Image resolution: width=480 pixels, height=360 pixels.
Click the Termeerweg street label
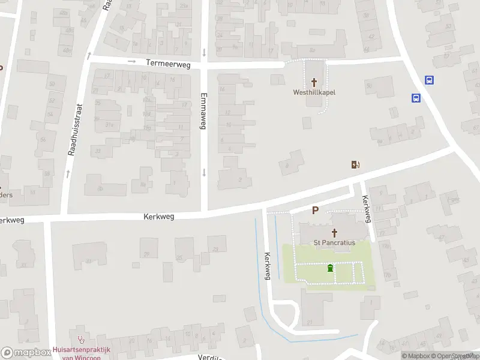(168, 63)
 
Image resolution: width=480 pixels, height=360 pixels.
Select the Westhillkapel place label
(314, 92)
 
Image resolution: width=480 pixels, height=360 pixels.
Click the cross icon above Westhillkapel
(314, 82)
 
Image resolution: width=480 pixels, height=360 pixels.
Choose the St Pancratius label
(335, 242)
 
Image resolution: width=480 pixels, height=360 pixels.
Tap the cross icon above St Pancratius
(335, 232)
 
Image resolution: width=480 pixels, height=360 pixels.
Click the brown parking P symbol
(315, 211)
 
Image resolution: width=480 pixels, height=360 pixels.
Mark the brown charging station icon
(355, 164)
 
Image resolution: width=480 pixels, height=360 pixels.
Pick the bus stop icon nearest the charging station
(415, 98)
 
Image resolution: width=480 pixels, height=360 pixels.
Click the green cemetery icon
(330, 268)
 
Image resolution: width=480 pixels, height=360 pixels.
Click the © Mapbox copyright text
(416, 356)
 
